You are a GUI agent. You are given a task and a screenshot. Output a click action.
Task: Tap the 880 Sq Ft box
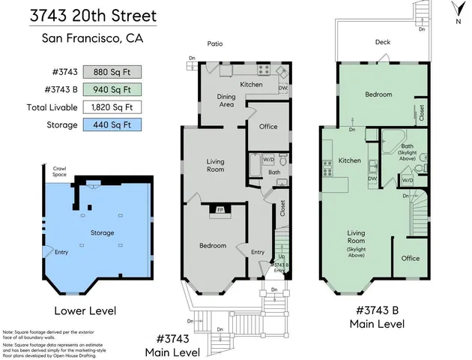tap(111, 73)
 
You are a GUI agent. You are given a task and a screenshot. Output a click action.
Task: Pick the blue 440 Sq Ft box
tap(111, 124)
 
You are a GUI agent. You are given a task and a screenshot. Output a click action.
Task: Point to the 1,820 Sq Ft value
tap(111, 107)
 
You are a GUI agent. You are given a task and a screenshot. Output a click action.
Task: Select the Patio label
tap(215, 44)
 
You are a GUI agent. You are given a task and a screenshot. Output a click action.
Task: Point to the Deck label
tap(382, 43)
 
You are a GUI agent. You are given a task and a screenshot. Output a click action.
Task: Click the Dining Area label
tap(226, 100)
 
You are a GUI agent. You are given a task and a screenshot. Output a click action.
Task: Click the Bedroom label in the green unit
tap(378, 95)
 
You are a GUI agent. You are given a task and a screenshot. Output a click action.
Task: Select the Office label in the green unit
tap(410, 257)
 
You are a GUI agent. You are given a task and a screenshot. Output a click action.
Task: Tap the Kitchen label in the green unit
tap(349, 160)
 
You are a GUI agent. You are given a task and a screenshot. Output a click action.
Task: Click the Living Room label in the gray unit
tap(215, 165)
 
